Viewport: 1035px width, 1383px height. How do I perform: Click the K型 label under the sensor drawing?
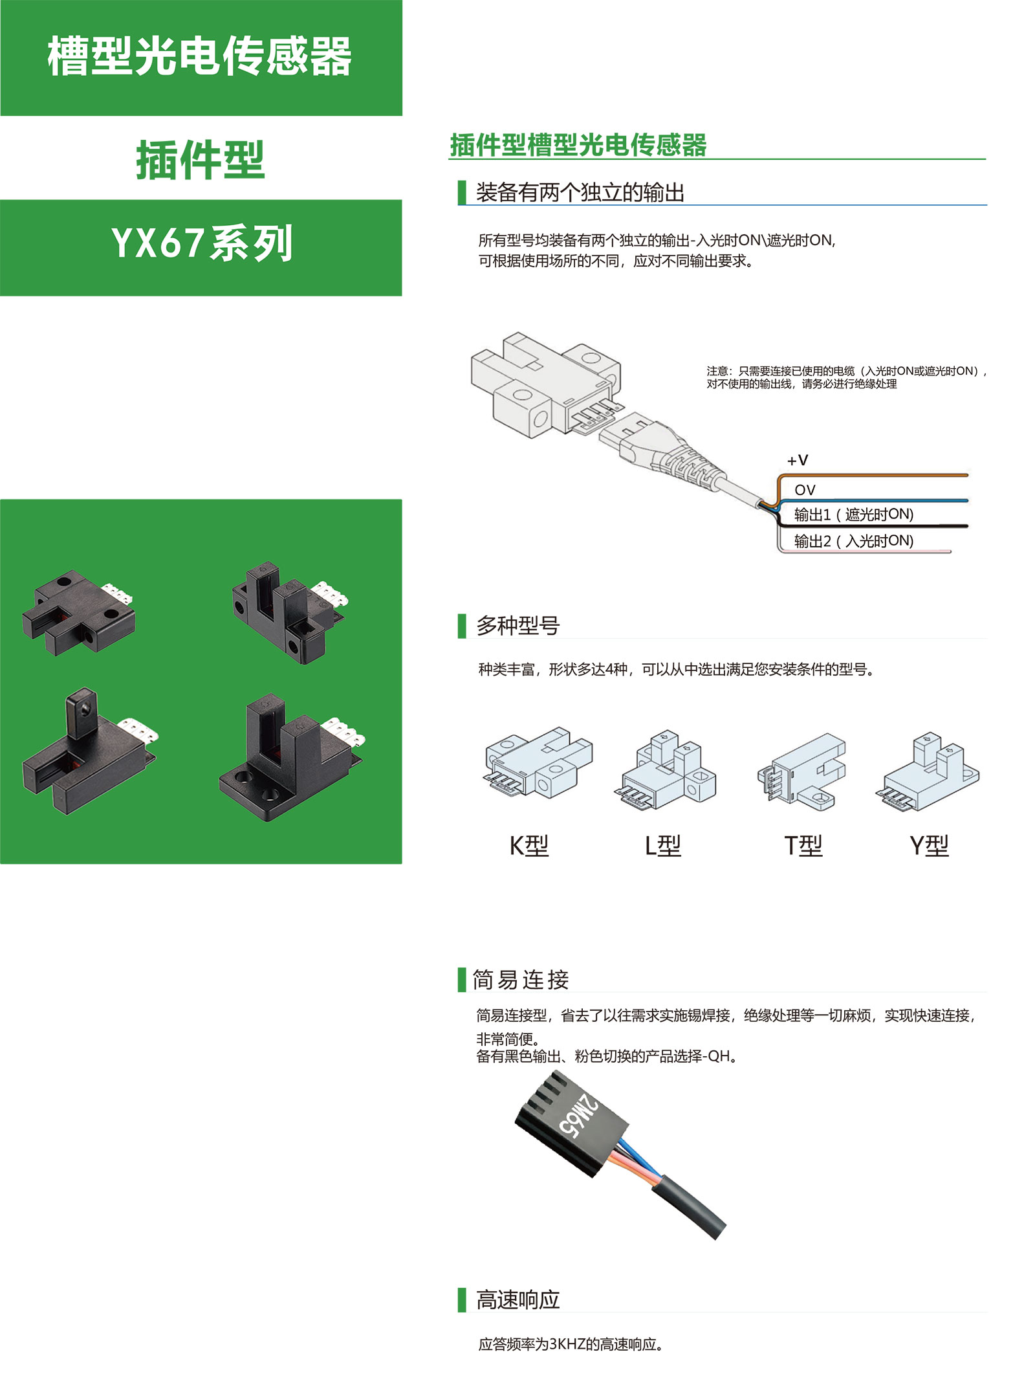tap(529, 846)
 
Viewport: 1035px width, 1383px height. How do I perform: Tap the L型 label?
tap(663, 846)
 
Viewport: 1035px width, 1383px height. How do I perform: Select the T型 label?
tap(803, 846)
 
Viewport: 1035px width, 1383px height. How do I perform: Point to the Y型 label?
tap(929, 846)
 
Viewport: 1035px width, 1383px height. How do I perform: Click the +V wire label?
tap(798, 460)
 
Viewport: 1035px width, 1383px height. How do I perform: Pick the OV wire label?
tap(805, 490)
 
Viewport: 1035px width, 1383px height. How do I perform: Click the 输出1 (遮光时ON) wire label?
tap(854, 514)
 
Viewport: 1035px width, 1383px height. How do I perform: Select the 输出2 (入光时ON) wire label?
tap(854, 541)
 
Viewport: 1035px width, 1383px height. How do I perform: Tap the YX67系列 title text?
tap(202, 243)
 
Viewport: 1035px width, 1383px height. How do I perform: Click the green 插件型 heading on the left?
tap(201, 160)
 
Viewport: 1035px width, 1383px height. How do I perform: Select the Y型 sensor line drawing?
tap(928, 771)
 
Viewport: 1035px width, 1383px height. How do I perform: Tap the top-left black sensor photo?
tap(79, 612)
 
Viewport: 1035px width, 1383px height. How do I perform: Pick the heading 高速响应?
tap(517, 1300)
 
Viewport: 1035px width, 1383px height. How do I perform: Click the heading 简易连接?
tap(521, 980)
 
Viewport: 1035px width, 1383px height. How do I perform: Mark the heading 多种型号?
tap(517, 625)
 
